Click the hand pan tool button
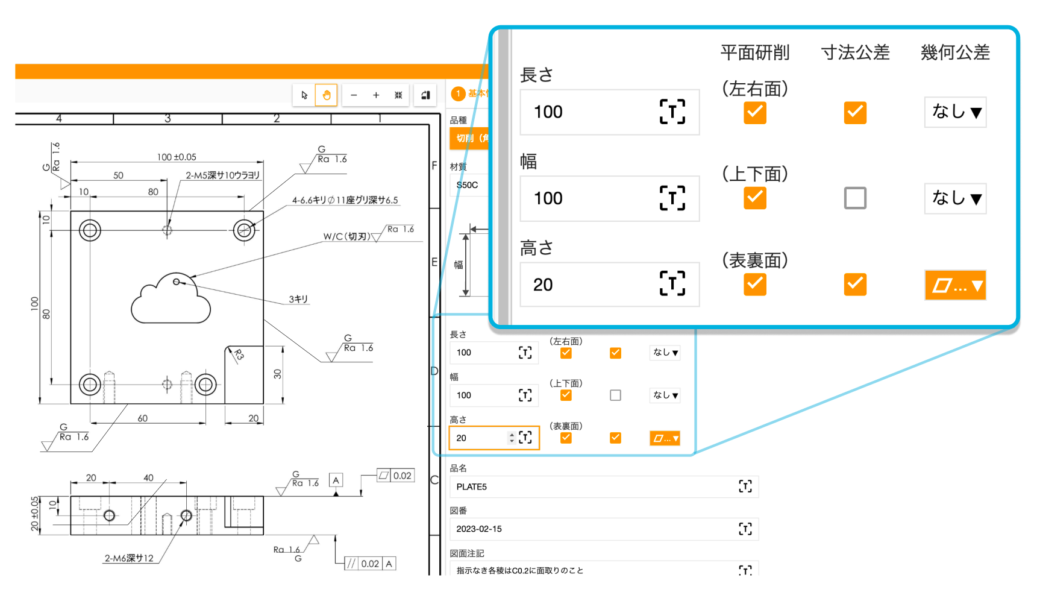click(327, 95)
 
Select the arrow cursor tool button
click(304, 95)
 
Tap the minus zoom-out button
click(354, 95)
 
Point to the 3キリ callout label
click(298, 299)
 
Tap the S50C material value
click(468, 185)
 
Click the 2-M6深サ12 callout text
click(129, 558)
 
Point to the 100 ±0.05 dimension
click(177, 157)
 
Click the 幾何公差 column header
click(955, 52)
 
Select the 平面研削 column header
click(754, 52)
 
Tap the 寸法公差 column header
click(855, 52)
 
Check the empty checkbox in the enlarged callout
click(855, 198)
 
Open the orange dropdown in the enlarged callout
click(955, 285)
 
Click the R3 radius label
click(239, 355)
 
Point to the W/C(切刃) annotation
click(346, 236)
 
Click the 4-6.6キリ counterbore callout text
click(345, 200)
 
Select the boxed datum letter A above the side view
click(336, 480)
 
